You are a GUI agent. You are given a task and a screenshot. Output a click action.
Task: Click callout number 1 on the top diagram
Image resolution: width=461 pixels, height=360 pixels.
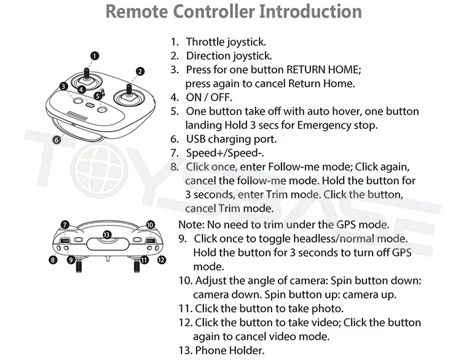pyautogui.click(x=94, y=55)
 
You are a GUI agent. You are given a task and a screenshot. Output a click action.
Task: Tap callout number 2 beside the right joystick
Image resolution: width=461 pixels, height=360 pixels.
pyautogui.click(x=140, y=71)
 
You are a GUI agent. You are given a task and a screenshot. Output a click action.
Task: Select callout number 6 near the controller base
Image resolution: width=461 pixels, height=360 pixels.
pyautogui.click(x=56, y=139)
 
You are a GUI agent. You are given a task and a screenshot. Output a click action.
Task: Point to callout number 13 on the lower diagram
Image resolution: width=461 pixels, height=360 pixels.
pyautogui.click(x=107, y=234)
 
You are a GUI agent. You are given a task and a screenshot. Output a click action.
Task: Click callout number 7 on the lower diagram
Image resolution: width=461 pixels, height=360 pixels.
pyautogui.click(x=65, y=225)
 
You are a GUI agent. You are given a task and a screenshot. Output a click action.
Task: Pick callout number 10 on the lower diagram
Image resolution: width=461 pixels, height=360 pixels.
pyautogui.click(x=150, y=225)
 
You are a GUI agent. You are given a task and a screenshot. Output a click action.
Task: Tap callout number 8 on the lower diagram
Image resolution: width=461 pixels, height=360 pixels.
pyautogui.click(x=53, y=260)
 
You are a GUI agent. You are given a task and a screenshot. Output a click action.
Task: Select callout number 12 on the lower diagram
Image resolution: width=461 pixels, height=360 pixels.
pyautogui.click(x=162, y=260)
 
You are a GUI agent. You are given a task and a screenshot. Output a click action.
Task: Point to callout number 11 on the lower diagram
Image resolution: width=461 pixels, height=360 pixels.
pyautogui.click(x=144, y=260)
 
